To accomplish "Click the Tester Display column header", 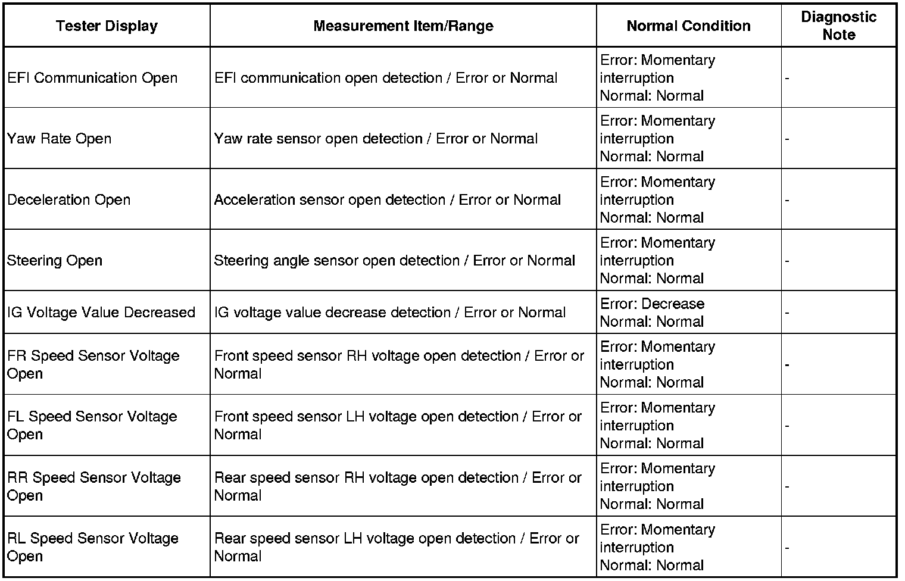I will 107,26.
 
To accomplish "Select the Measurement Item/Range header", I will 403,26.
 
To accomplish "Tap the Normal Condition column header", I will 688,26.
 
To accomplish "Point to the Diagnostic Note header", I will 838,26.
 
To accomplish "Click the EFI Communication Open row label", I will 92,78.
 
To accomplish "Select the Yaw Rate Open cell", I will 60,139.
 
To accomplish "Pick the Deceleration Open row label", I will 69,200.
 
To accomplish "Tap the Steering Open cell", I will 55,261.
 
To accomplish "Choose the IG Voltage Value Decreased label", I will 101,313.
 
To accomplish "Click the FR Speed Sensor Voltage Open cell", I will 93,364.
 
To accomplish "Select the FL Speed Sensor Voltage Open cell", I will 92,425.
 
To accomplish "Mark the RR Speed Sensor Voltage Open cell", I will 94,486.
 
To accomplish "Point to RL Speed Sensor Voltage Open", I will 93,547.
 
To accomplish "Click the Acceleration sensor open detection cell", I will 387,200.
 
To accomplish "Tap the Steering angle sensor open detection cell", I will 394,261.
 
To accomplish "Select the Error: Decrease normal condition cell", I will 653,313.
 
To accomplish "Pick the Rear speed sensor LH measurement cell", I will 397,547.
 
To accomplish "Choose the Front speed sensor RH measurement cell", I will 399,364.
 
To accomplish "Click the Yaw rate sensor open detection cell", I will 376,139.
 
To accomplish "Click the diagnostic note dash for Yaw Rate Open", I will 787,139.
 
